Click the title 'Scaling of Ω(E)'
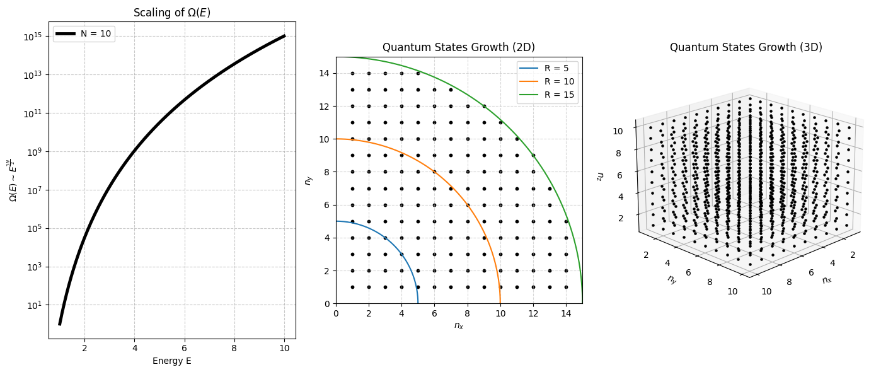[x=171, y=12]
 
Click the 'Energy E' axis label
[x=171, y=361]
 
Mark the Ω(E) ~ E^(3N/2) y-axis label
[x=13, y=180]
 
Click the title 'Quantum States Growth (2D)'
[x=458, y=47]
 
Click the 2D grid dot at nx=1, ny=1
[x=352, y=287]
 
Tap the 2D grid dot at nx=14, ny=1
[x=566, y=287]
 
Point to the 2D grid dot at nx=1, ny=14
[x=352, y=73]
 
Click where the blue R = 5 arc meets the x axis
[x=418, y=303]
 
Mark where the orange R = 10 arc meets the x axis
[x=500, y=303]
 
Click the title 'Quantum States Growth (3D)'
[x=746, y=47]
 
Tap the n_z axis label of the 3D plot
[x=601, y=175]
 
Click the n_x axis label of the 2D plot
[x=458, y=326]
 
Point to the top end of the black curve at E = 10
[x=284, y=36]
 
